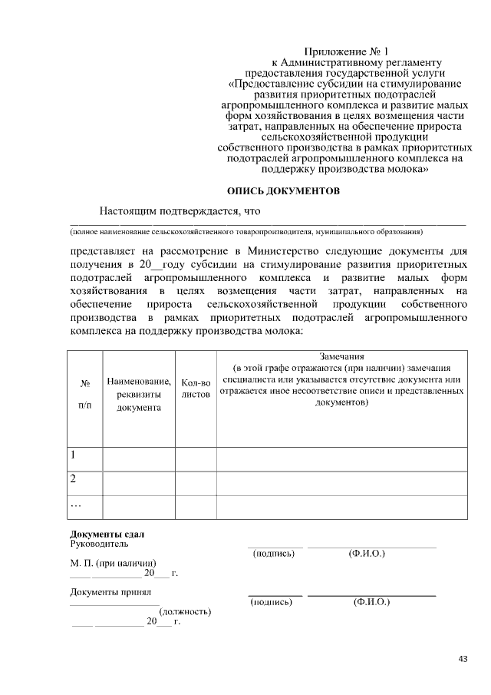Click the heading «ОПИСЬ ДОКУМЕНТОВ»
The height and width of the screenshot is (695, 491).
[283, 189]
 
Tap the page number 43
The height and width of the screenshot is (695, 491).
[463, 658]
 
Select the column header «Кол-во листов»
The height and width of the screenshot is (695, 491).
[196, 388]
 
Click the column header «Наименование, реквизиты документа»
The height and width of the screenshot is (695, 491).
[139, 394]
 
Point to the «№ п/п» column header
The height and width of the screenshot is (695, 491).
[85, 394]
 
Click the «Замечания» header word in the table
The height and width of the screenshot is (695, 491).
[341, 356]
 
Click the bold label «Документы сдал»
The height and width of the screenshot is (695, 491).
[107, 534]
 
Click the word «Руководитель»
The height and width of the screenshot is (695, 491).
[94, 544]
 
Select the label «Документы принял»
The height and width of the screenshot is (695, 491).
[110, 592]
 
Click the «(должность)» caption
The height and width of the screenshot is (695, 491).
[185, 611]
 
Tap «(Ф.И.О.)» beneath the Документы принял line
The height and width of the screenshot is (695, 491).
[371, 602]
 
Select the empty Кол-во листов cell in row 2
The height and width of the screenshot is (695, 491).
[196, 482]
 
